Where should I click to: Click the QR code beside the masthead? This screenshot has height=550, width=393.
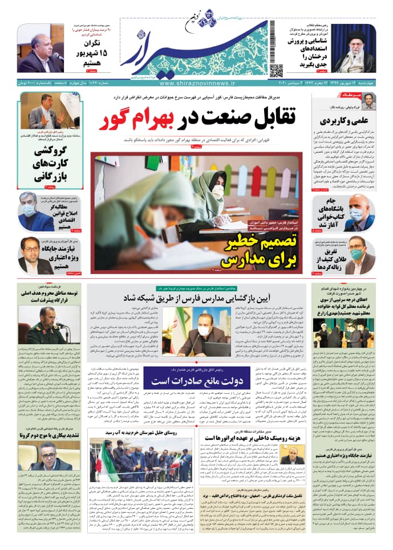click(x=276, y=71)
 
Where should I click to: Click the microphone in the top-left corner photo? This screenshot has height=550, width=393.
click(x=58, y=56)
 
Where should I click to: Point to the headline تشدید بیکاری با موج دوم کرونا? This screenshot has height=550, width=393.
click(x=51, y=435)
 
